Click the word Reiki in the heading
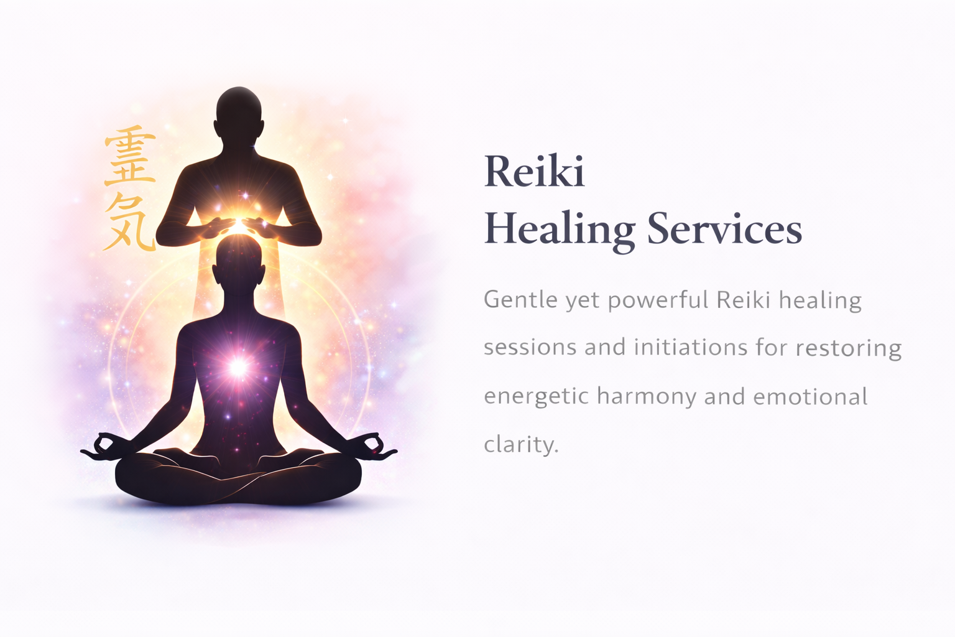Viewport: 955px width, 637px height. (x=534, y=172)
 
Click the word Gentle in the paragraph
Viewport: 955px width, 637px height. (x=520, y=300)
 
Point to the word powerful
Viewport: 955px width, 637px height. (x=658, y=300)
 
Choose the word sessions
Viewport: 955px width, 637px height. (x=530, y=347)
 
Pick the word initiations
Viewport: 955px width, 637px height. (x=690, y=347)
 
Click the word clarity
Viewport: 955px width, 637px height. (x=520, y=444)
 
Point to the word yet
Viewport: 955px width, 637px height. (x=583, y=301)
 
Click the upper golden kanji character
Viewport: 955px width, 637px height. (x=129, y=156)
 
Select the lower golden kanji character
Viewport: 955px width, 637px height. (x=129, y=222)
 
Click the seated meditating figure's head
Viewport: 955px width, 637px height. (x=238, y=261)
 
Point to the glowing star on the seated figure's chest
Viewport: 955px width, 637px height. (x=238, y=367)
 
